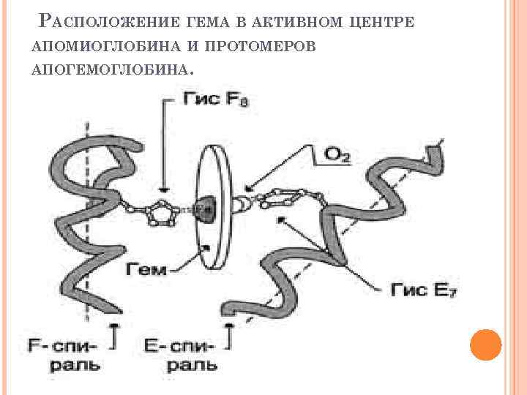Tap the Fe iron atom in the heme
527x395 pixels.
[x=203, y=208]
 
